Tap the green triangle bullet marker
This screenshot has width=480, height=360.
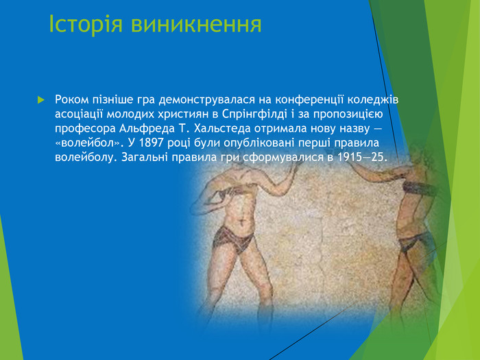tap(40, 100)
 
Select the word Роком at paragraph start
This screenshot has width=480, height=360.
tap(73, 100)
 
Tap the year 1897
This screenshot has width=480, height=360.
tap(147, 143)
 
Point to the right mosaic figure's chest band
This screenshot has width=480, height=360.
tap(417, 189)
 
